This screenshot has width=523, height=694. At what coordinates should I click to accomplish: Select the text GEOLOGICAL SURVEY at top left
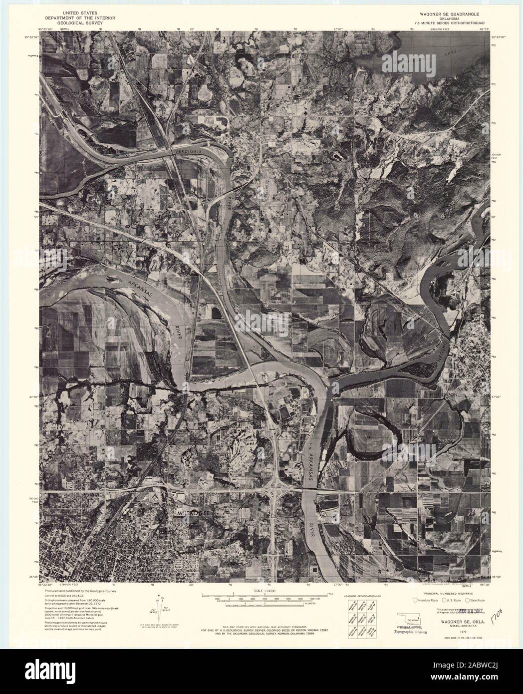tap(86, 23)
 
